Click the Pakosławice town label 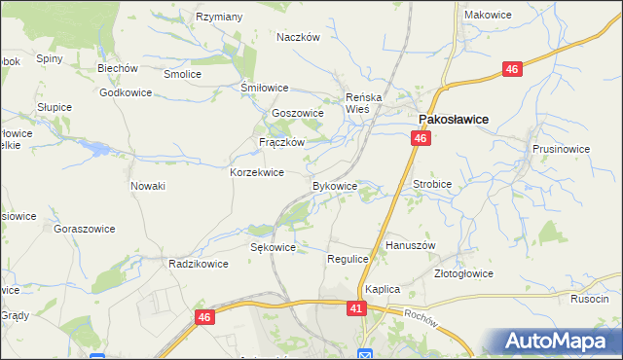click(x=453, y=119)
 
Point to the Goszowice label click(x=298, y=114)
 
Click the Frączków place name click(x=282, y=142)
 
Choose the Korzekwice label click(x=256, y=172)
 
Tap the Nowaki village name click(x=148, y=186)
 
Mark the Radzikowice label click(x=198, y=264)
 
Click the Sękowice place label click(x=273, y=248)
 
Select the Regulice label click(x=348, y=259)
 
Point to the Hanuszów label click(x=410, y=246)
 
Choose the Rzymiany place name click(x=219, y=17)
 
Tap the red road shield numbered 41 click(x=356, y=307)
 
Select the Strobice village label click(x=432, y=182)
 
